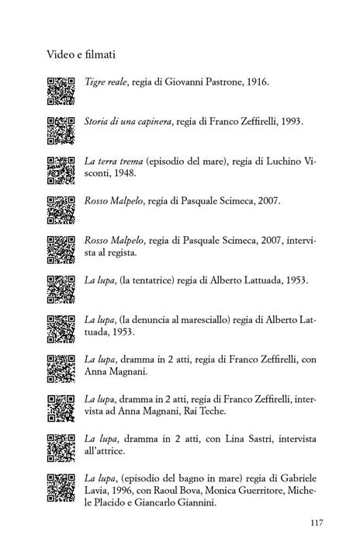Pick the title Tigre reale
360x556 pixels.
tap(106, 81)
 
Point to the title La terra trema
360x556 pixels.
tap(112, 162)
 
